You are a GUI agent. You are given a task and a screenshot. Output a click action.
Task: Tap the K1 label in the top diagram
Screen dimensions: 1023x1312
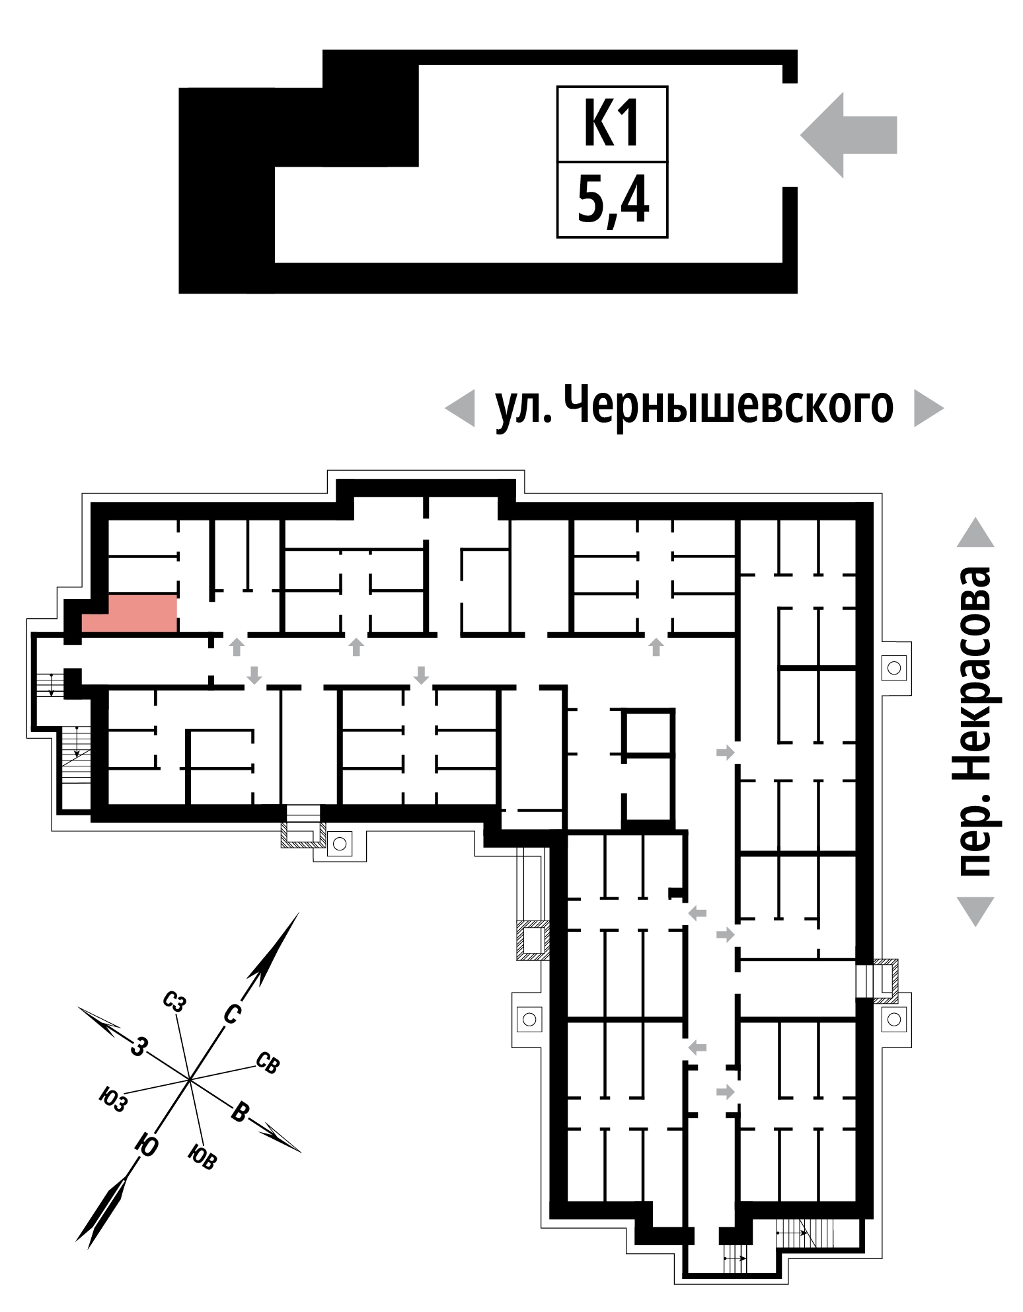[x=612, y=124]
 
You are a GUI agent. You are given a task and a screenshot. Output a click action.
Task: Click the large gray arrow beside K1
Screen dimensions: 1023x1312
[x=849, y=135]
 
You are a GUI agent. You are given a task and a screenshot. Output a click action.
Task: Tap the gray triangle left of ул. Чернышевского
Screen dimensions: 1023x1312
[x=460, y=408]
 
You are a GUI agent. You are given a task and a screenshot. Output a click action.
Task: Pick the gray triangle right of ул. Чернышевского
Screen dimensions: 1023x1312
[x=928, y=408]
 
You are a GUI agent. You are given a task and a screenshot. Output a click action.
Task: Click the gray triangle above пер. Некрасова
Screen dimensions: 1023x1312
[x=975, y=532]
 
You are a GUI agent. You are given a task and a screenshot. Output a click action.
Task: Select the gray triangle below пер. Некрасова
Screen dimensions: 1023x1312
[x=975, y=911]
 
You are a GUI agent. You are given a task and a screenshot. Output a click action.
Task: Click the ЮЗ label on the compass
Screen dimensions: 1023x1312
[x=112, y=1100]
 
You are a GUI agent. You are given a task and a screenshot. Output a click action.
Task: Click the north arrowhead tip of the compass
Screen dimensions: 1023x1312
[x=299, y=913]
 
